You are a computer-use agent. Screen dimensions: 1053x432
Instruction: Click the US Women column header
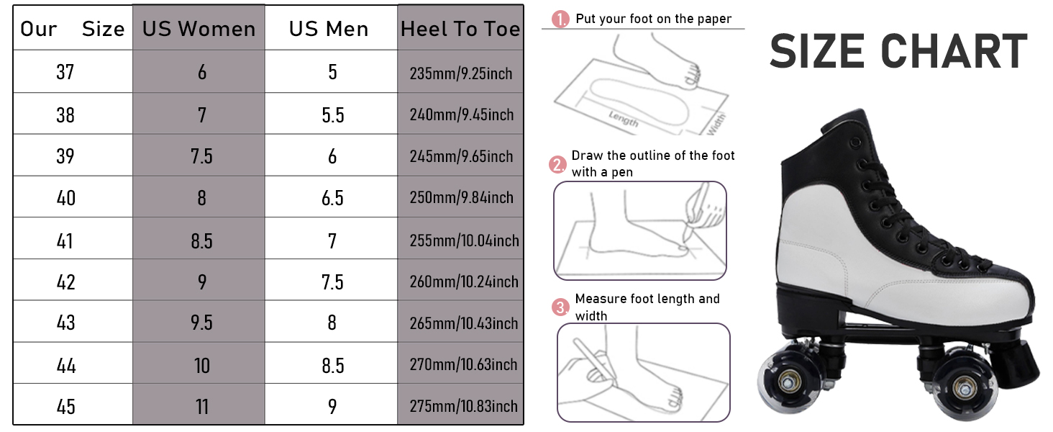coord(199,29)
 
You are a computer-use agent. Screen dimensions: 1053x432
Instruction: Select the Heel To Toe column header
coord(460,29)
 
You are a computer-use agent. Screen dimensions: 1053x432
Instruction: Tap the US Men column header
coord(329,29)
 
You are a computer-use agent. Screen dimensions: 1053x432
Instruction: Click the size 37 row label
coord(65,72)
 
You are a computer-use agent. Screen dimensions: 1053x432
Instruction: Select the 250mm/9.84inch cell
coord(461,197)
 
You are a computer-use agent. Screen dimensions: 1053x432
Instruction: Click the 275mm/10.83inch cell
coord(463,405)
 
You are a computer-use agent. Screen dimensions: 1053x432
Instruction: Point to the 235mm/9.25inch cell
coord(460,73)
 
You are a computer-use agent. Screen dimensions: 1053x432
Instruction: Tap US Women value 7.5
coord(201,156)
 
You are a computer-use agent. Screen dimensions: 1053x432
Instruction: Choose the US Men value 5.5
coord(333,114)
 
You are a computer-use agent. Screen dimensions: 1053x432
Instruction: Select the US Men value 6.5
coord(332,198)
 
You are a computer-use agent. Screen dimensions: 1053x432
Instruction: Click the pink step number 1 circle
coord(560,19)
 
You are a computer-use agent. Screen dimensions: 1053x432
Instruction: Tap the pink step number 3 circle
coord(560,307)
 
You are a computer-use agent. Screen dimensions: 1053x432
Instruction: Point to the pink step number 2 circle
coord(558,164)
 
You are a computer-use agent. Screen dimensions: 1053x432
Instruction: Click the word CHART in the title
coord(954,51)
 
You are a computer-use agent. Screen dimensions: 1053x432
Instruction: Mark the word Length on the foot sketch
coord(624,119)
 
